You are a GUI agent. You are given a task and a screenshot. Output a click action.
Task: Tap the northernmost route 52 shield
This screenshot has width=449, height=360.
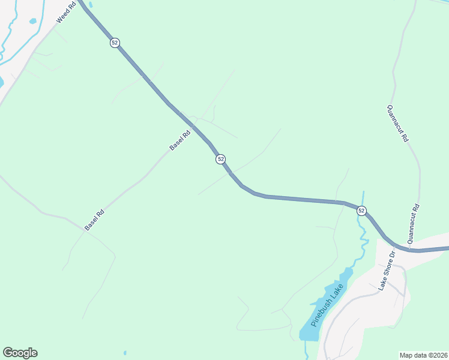point(115,43)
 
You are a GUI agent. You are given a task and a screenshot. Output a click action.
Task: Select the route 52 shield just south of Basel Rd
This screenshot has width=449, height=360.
point(221,159)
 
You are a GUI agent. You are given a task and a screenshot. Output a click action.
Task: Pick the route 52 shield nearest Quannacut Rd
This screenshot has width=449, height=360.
point(361,211)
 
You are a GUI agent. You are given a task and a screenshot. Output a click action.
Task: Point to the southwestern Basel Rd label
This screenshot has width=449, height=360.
point(94,220)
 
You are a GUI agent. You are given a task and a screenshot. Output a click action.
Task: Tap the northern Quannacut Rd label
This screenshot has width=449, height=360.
point(397,123)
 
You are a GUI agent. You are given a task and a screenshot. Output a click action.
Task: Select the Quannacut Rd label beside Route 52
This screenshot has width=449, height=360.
point(412,224)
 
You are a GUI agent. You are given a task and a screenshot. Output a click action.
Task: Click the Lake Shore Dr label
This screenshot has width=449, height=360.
point(387,271)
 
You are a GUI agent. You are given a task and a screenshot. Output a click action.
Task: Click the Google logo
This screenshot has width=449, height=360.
point(20,353)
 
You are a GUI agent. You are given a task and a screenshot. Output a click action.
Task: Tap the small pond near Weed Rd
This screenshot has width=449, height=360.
point(32,21)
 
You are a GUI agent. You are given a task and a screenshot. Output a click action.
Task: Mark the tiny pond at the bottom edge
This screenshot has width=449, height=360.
point(125,353)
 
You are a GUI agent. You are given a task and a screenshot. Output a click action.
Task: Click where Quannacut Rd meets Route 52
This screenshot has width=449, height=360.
point(409,248)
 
